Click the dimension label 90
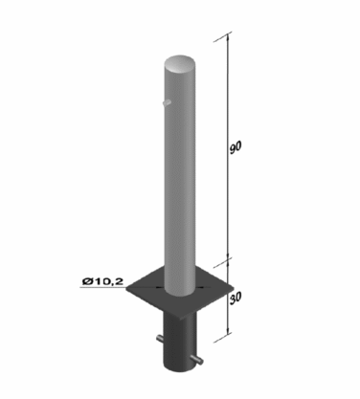pyautogui.click(x=236, y=147)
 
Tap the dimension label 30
pyautogui.click(x=236, y=298)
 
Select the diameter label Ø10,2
pyautogui.click(x=102, y=281)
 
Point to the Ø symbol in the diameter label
pyautogui.click(x=87, y=281)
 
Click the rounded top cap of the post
pyautogui.click(x=179, y=65)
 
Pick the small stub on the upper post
pyautogui.click(x=167, y=102)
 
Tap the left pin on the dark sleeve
pyautogui.click(x=161, y=339)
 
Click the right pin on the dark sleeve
pyautogui.click(x=198, y=359)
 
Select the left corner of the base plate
pyautogui.click(x=126, y=289)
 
